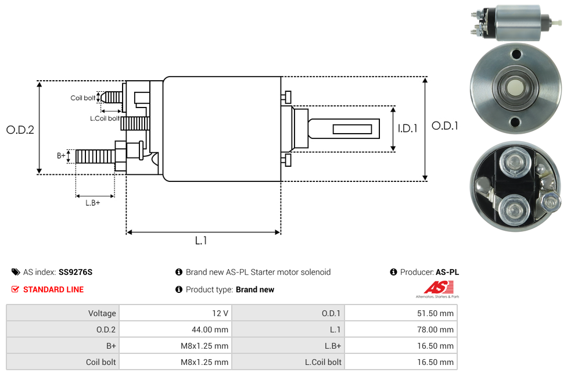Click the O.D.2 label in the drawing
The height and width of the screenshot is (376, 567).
pyautogui.click(x=20, y=130)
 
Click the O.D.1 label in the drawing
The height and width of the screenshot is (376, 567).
pyautogui.click(x=445, y=126)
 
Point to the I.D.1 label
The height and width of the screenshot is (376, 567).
pyautogui.click(x=408, y=128)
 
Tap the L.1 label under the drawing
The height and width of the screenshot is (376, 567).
pyautogui.click(x=201, y=240)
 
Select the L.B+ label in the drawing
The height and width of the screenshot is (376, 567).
pyautogui.click(x=93, y=203)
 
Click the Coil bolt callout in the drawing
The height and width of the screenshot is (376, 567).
pyautogui.click(x=83, y=98)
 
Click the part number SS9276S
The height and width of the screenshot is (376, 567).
pyautogui.click(x=76, y=272)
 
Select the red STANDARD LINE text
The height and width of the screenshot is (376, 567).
pyautogui.click(x=53, y=289)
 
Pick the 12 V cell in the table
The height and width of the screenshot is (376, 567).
pyautogui.click(x=220, y=313)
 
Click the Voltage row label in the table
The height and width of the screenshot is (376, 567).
pyautogui.click(x=102, y=313)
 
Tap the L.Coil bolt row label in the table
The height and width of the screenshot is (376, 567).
pyautogui.click(x=324, y=362)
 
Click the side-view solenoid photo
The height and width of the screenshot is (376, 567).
pyautogui.click(x=515, y=23)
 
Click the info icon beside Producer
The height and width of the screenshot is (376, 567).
pyautogui.click(x=394, y=272)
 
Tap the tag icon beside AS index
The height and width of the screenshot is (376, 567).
pyautogui.click(x=16, y=272)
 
